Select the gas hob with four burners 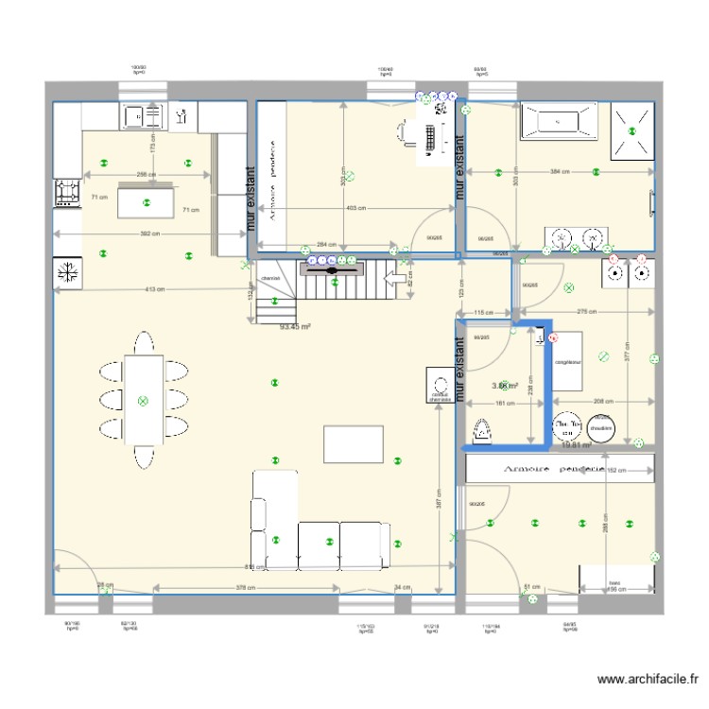[67, 192]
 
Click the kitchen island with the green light [146, 203]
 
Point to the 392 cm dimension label [145, 233]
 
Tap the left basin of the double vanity [562, 237]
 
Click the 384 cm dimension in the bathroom [561, 172]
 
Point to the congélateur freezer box [567, 361]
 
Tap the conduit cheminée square [440, 386]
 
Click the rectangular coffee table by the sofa [354, 442]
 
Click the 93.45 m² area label [296, 327]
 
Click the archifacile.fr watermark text [649, 678]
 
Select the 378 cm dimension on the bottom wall [245, 588]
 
